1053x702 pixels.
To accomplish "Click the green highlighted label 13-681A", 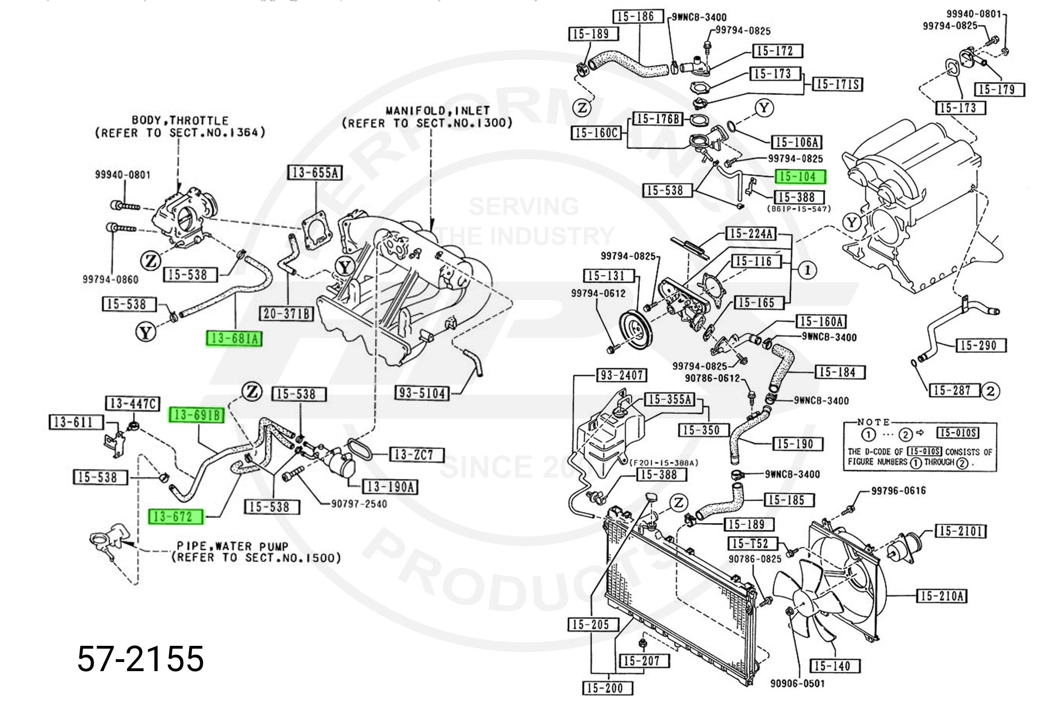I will click(234, 338).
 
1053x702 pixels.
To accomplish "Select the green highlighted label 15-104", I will click(801, 177).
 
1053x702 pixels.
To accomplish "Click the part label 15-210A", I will click(942, 596).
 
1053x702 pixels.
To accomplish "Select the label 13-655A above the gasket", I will click(314, 173).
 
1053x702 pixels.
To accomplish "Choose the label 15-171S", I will click(837, 85).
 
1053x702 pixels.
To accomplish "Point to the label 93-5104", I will click(422, 393).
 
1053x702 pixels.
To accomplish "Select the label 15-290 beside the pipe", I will click(978, 345).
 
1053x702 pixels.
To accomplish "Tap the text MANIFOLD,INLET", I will click(437, 111).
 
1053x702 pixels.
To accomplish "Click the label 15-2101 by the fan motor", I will click(960, 531).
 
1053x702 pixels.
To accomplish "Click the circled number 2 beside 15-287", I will click(990, 391).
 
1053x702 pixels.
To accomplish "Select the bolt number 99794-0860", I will click(110, 279).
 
